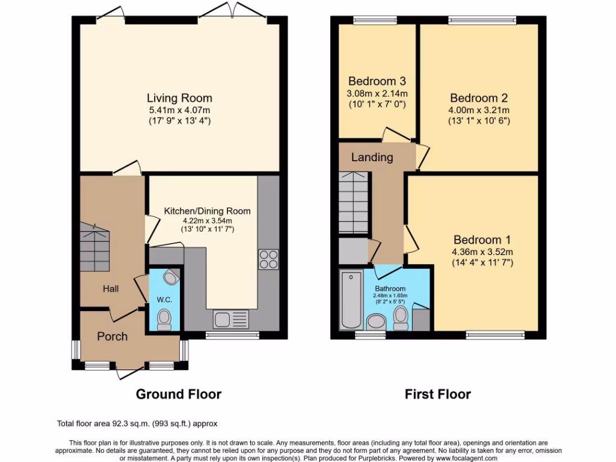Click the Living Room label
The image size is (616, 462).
(179, 97)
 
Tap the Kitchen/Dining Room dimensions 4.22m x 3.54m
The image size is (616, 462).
(208, 220)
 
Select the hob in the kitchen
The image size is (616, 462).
(268, 259)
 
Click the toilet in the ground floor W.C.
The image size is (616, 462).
(164, 319)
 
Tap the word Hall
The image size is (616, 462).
(110, 289)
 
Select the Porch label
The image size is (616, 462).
(112, 336)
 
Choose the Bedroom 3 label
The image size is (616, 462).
(377, 81)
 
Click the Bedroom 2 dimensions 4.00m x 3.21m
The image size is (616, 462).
(479, 110)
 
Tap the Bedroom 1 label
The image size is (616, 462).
(483, 239)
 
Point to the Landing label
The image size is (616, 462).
(372, 158)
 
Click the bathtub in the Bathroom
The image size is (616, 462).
(351, 300)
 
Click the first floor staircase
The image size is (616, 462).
(354, 203)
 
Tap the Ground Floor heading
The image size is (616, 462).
(178, 395)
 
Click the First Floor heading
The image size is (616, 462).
(437, 395)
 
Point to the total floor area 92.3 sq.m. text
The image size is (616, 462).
(141, 423)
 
